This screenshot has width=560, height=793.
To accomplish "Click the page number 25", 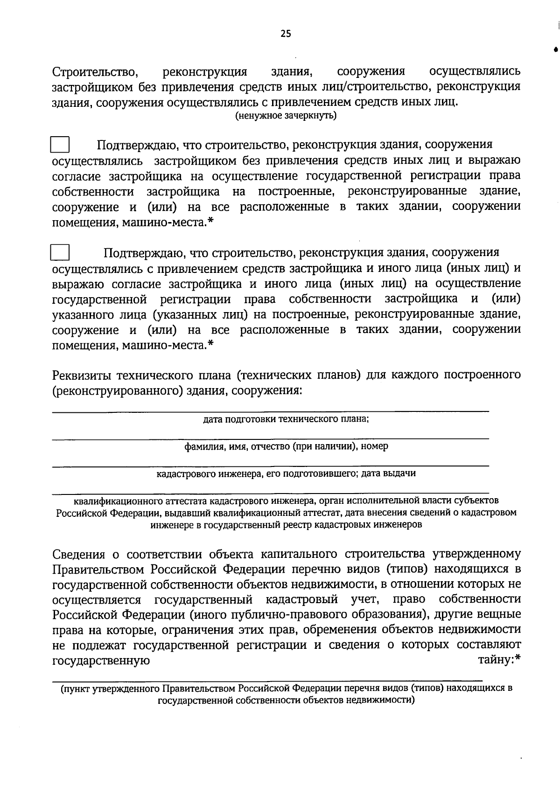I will point(286,33).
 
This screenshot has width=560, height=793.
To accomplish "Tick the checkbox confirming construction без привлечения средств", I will point(60,145).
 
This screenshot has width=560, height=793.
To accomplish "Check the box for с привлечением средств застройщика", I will point(60,253).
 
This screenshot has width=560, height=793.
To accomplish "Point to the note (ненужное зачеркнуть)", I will point(286,116).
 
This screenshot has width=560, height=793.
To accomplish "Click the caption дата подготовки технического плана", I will point(286,419).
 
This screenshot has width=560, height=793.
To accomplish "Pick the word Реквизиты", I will point(82,375).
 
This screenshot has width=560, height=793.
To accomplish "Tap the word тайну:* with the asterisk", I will point(499,660).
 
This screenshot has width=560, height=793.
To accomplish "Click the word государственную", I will point(101,661).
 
